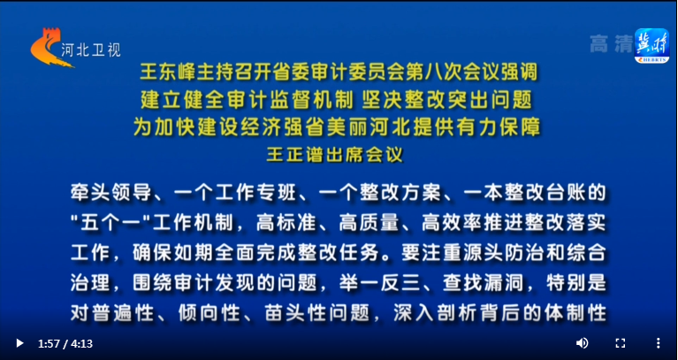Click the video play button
click(19, 343)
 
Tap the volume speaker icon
click(582, 343)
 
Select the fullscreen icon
click(621, 343)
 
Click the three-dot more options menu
click(658, 343)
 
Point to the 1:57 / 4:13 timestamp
click(65, 343)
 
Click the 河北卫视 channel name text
click(91, 50)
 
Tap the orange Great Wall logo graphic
click(50, 48)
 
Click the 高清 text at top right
click(611, 44)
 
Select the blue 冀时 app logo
click(651, 45)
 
